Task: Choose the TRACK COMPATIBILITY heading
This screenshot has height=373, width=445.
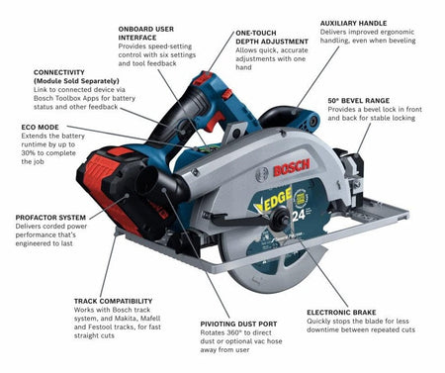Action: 113,300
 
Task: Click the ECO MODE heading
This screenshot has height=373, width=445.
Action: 39,127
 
